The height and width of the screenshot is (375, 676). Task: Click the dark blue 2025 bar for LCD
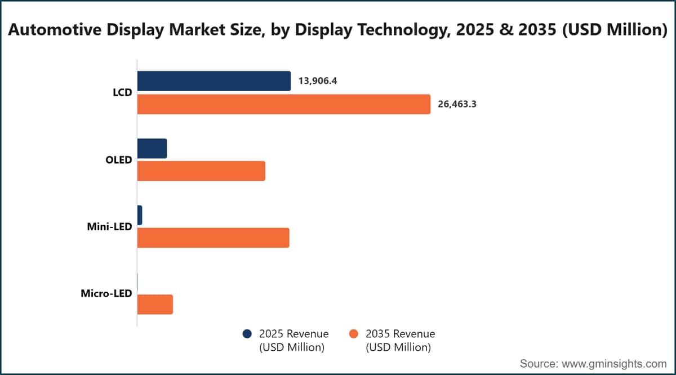tap(214, 81)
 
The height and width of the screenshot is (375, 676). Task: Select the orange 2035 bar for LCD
tap(284, 104)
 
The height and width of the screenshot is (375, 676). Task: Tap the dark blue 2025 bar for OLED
tap(152, 149)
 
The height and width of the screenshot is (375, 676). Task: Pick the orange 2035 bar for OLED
tap(201, 171)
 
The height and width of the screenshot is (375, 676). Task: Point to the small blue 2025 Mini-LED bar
tap(140, 215)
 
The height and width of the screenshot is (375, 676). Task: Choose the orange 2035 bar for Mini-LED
tap(214, 238)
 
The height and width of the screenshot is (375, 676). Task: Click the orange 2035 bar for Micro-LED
tap(155, 305)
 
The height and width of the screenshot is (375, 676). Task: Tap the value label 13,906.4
tap(318, 81)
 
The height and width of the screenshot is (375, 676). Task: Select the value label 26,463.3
tap(457, 104)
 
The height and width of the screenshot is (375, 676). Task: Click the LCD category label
tap(123, 92)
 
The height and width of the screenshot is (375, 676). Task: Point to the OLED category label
tap(119, 160)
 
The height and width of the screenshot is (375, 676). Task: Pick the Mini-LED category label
tap(109, 226)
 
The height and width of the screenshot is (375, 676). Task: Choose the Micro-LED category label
tap(106, 293)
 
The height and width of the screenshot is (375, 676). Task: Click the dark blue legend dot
tap(247, 334)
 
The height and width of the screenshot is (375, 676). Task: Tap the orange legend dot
tap(353, 334)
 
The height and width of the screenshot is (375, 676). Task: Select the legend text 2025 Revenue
tap(294, 334)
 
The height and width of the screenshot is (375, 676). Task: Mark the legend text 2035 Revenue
tap(401, 334)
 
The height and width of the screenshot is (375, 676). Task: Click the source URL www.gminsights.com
tap(614, 364)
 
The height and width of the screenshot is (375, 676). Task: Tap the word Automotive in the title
tap(55, 30)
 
